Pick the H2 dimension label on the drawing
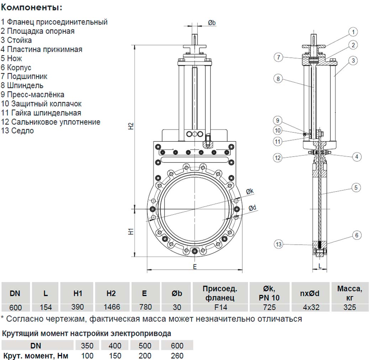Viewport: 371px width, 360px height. click(131, 126)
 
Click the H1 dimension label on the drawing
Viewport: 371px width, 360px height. click(131, 232)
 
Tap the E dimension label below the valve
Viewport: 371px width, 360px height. click(194, 267)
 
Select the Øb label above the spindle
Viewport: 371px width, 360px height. click(211, 22)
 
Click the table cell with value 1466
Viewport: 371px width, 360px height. click(111, 307)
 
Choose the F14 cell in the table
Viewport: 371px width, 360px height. click(220, 307)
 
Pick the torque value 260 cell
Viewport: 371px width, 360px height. click(177, 355)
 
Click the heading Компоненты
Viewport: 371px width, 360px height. click(31, 7)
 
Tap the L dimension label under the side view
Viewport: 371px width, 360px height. click(320, 266)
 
